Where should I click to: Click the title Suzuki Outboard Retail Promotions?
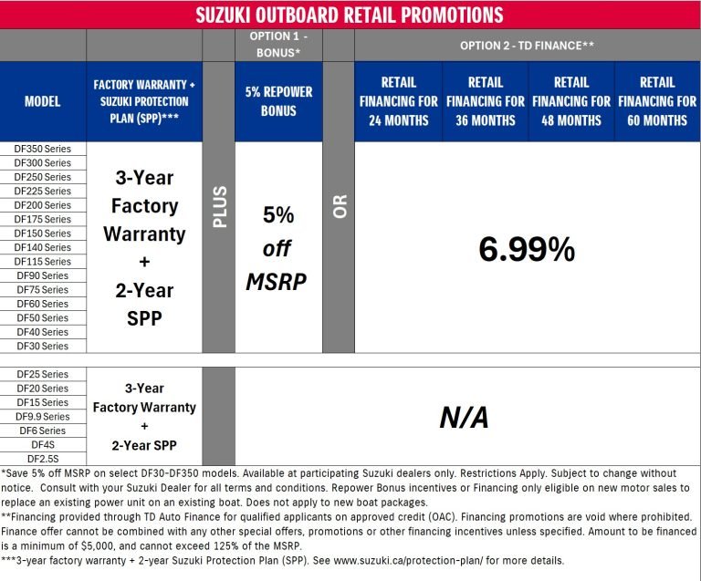pyautogui.click(x=350, y=15)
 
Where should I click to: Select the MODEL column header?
pyautogui.click(x=43, y=100)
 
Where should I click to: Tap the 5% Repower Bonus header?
pyautogui.click(x=278, y=100)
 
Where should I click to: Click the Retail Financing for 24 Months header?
pyautogui.click(x=399, y=100)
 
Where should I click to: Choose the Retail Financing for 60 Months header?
pyautogui.click(x=657, y=100)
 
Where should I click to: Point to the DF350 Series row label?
pyautogui.click(x=43, y=149)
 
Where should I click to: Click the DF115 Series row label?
pyautogui.click(x=43, y=262)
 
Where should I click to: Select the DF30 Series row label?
pyautogui.click(x=43, y=347)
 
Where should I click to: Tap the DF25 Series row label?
pyautogui.click(x=43, y=375)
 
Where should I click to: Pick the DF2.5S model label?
pyautogui.click(x=43, y=459)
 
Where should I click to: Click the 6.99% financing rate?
pyautogui.click(x=527, y=248)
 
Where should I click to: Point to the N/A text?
pyautogui.click(x=464, y=418)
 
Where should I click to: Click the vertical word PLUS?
pyautogui.click(x=219, y=206)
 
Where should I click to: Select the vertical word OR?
pyautogui.click(x=340, y=206)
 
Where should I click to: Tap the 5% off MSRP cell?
pyautogui.click(x=278, y=248)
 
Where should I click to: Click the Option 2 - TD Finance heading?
pyautogui.click(x=527, y=44)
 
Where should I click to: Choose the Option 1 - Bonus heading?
pyautogui.click(x=278, y=44)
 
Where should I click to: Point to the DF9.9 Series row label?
pyautogui.click(x=43, y=417)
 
